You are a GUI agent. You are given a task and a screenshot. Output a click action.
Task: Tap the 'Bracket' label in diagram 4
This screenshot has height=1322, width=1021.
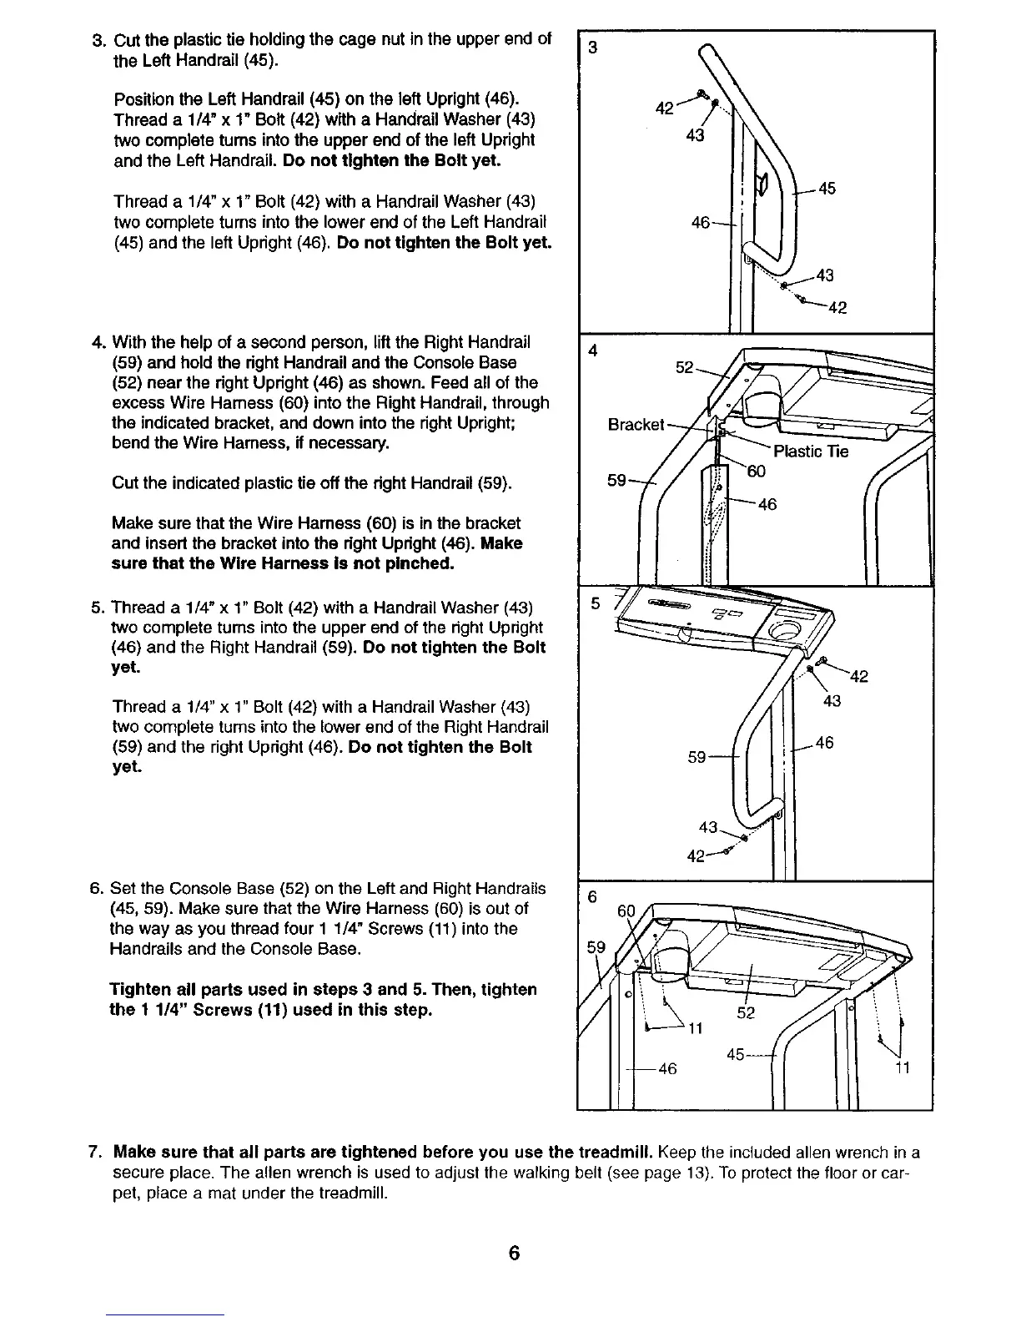pyautogui.click(x=636, y=425)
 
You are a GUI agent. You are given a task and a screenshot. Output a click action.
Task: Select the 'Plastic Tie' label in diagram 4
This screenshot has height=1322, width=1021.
pyautogui.click(x=811, y=452)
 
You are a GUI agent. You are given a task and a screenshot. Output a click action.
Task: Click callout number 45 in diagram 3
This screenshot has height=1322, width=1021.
pyautogui.click(x=827, y=189)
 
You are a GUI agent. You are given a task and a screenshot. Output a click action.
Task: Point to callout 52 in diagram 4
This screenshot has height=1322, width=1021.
pyautogui.click(x=684, y=367)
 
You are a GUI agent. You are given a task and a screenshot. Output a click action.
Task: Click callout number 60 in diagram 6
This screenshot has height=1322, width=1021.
pyautogui.click(x=625, y=911)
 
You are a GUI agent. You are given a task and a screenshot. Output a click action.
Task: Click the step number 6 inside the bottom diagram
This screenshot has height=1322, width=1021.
pyautogui.click(x=592, y=896)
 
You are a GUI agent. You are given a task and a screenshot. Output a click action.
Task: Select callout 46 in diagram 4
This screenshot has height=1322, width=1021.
pyautogui.click(x=767, y=504)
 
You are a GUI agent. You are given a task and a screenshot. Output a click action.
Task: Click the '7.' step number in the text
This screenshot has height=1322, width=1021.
pyautogui.click(x=96, y=1153)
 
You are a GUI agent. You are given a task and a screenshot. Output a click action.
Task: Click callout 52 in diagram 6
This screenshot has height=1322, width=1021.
pyautogui.click(x=747, y=1013)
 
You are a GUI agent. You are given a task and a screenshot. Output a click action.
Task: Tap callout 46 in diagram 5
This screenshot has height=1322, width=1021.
pyautogui.click(x=824, y=742)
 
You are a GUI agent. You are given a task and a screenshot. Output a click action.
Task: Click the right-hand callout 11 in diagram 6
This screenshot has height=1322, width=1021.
pyautogui.click(x=902, y=1067)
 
